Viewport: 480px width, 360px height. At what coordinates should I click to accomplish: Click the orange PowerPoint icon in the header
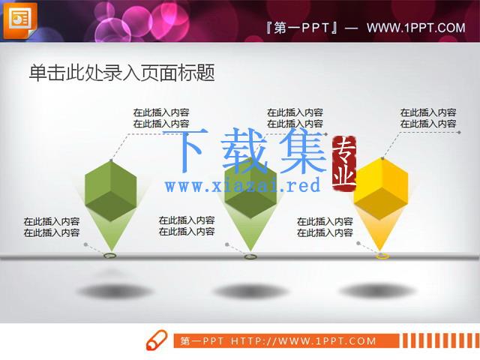pos(20,20)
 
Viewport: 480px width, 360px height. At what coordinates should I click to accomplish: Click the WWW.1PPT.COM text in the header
pos(416,28)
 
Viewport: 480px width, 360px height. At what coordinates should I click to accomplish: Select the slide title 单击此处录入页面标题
pos(121,73)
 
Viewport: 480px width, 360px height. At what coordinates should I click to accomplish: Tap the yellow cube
pos(381,188)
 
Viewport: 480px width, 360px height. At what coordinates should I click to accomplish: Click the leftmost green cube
pos(110,190)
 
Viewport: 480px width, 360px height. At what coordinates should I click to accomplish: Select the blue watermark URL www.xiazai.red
pos(242,185)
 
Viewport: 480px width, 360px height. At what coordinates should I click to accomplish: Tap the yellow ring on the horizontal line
pos(382,256)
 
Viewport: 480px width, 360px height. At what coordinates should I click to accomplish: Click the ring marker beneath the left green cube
pos(110,256)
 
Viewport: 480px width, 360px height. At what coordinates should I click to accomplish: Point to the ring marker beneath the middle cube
pos(250,256)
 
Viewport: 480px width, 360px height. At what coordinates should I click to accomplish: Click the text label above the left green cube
pos(161,118)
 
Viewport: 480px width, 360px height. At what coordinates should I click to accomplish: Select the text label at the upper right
pos(428,118)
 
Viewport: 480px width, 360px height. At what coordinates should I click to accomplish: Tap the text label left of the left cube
pos(52,227)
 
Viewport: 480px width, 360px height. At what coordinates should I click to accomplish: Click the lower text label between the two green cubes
pos(187,226)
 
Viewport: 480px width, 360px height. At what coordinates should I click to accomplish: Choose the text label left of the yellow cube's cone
pos(325,227)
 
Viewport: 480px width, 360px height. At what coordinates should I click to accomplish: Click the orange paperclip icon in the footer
pos(157,340)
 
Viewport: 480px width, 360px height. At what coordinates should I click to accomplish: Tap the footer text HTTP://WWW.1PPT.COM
pos(303,341)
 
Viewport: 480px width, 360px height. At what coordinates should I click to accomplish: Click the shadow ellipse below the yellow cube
pos(378,290)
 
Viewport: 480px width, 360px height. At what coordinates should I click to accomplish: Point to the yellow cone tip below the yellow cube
pos(381,250)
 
